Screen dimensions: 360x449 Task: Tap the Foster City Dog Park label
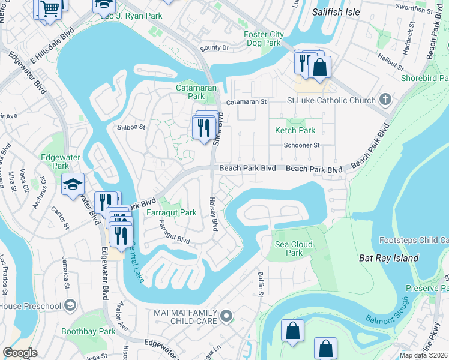tap(263, 38)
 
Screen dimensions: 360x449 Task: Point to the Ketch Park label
tap(295, 130)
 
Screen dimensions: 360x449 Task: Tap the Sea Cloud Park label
tap(294, 248)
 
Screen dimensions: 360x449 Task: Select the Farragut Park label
tap(171, 212)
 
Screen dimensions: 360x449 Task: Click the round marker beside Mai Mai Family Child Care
tap(226, 315)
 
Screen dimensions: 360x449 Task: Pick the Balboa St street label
tap(131, 127)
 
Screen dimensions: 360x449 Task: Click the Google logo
tap(19, 353)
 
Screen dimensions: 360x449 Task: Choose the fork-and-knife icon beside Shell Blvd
tap(203, 127)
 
